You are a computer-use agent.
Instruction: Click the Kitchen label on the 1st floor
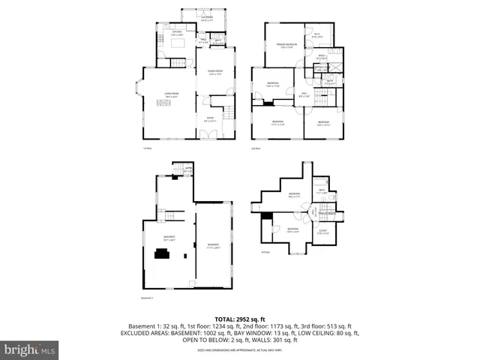click(177, 33)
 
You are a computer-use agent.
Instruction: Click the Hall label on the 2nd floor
click(303, 94)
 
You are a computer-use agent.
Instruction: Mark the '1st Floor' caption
click(148, 148)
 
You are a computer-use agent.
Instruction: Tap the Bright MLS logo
click(30, 349)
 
